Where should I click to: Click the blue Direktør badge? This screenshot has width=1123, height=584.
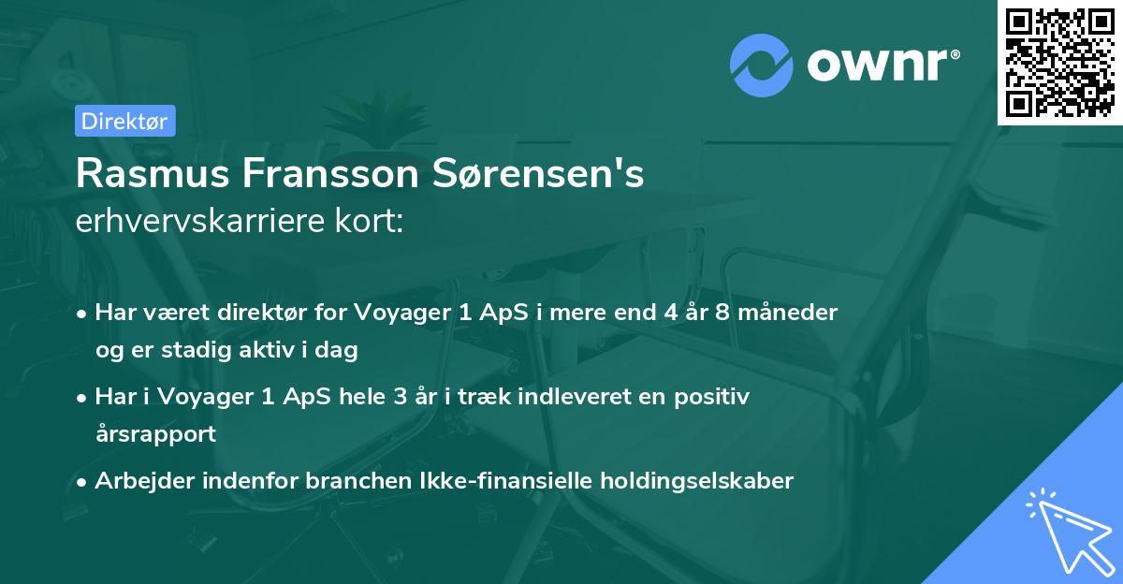124,121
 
